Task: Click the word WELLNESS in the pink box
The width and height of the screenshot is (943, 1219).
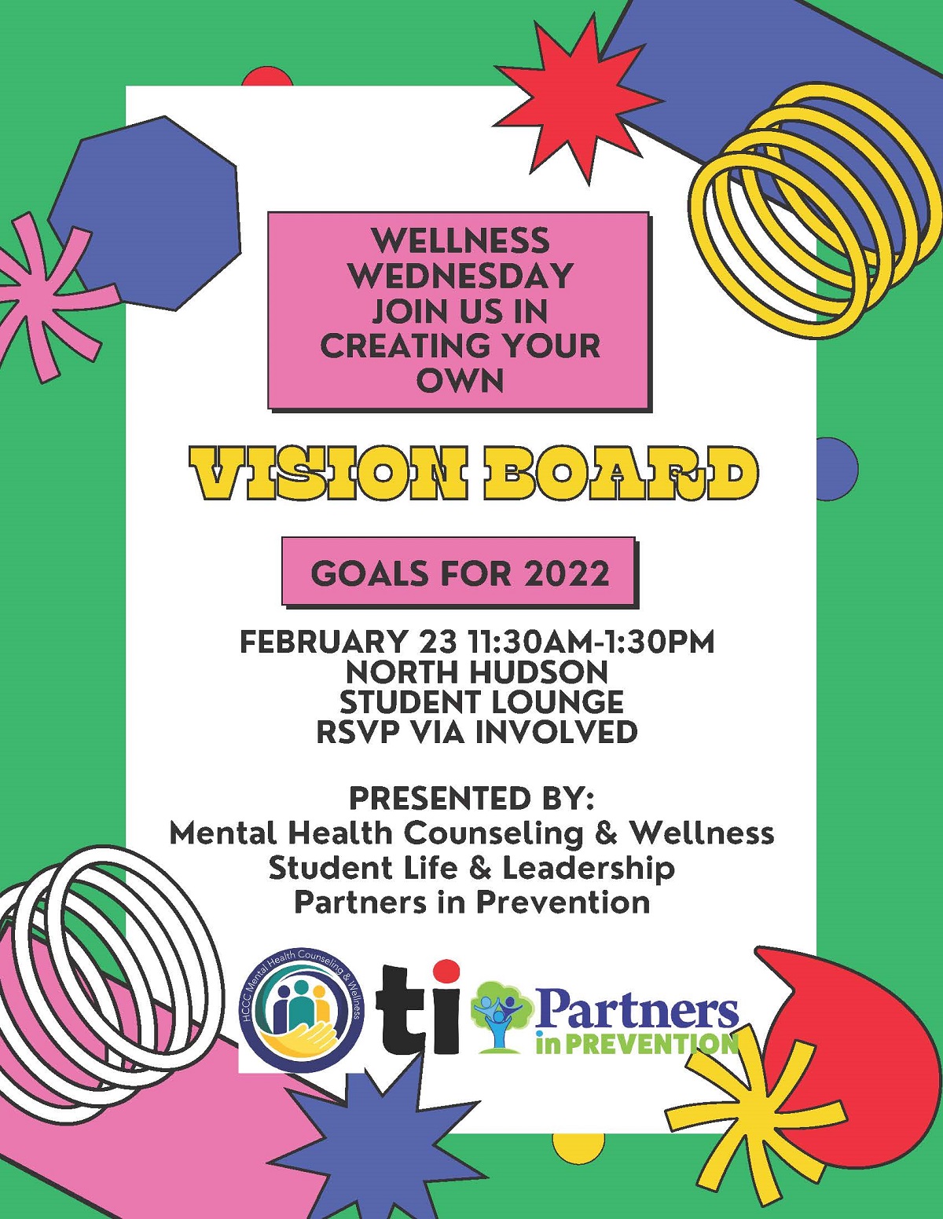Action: (461, 240)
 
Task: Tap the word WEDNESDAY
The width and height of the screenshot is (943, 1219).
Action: (461, 276)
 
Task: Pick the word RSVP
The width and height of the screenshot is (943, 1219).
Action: (357, 731)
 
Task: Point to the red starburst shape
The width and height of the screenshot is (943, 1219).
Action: (578, 107)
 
